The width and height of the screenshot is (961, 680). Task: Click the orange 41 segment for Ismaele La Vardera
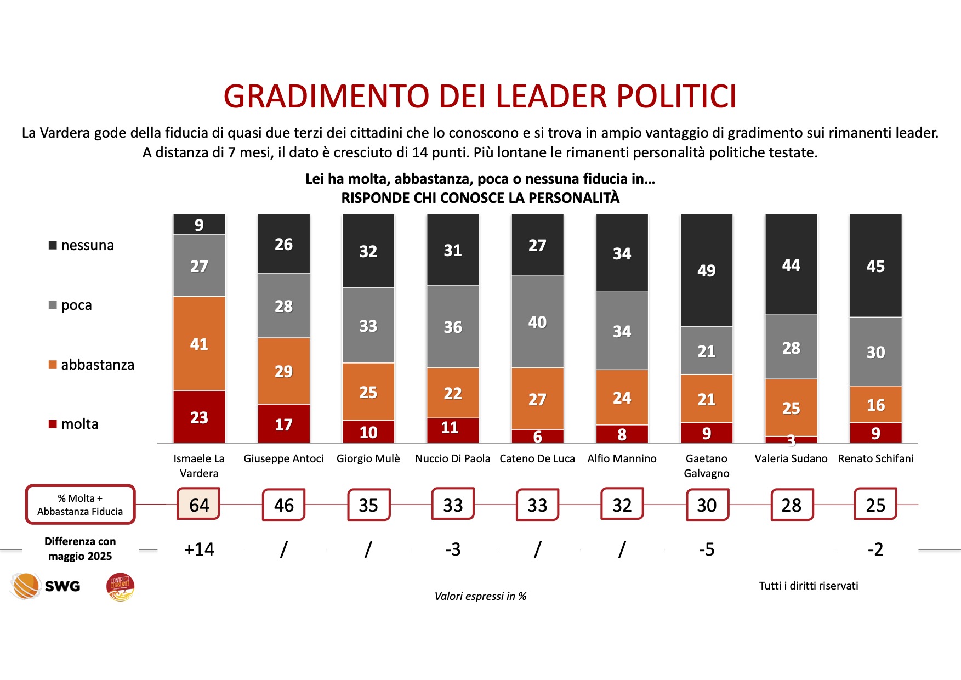coord(199,344)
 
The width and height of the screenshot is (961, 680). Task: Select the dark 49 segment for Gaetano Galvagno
coord(706,270)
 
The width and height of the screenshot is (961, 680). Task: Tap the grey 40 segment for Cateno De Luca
coord(537,322)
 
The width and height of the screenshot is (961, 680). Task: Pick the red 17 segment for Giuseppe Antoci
coord(283,424)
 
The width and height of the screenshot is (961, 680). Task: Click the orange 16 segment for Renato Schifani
coord(875,405)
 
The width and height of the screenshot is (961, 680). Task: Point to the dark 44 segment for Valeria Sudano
coord(791,265)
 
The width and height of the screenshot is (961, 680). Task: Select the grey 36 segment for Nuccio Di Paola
coord(453,327)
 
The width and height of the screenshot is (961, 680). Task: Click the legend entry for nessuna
coord(82,245)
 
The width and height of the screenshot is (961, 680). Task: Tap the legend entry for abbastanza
coord(92,365)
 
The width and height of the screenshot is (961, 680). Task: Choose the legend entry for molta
coord(74,424)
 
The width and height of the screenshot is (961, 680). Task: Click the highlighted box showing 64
coord(199,505)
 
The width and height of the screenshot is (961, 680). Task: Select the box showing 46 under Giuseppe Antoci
coord(283,505)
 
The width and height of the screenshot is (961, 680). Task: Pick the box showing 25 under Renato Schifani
coord(875,505)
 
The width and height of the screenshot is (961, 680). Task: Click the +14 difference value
coord(199,549)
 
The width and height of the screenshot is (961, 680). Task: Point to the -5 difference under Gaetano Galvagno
coord(706,549)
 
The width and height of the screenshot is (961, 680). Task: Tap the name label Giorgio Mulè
coord(368,458)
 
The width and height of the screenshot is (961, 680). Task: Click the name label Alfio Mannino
coord(622,458)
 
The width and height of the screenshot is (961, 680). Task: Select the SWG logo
coord(46,586)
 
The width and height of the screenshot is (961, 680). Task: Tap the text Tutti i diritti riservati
coord(808,586)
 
